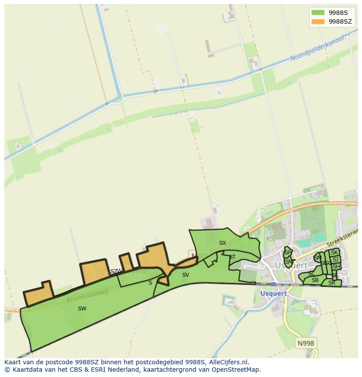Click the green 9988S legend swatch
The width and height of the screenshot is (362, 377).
(318, 12)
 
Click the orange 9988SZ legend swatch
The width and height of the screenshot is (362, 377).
(318, 21)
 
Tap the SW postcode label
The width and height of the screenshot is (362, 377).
(82, 309)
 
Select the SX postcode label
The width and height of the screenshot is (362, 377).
(223, 243)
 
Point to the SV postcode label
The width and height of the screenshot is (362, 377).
(186, 275)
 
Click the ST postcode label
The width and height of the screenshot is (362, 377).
(232, 257)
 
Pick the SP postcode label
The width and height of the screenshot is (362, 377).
(287, 253)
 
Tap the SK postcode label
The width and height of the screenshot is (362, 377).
(334, 253)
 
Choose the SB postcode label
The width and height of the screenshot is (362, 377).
(315, 280)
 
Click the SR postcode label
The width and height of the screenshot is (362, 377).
(332, 283)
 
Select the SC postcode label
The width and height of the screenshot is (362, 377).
(312, 274)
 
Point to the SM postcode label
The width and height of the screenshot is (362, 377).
(318, 258)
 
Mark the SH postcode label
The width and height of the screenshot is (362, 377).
(336, 267)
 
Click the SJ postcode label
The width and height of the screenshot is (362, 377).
(335, 260)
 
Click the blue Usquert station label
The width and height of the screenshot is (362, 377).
(274, 293)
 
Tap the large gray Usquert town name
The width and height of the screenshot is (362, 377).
(288, 265)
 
